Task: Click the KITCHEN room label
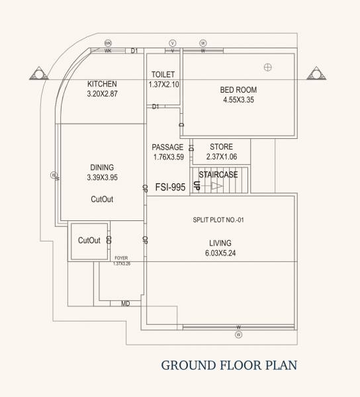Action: (x=102, y=84)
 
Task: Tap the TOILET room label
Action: (x=163, y=74)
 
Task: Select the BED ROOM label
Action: (x=238, y=90)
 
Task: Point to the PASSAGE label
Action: (x=167, y=147)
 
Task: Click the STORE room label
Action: (x=221, y=147)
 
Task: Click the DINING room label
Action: (x=102, y=167)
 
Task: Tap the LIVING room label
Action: (x=220, y=243)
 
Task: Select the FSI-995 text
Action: (x=169, y=187)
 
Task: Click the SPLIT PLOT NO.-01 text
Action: (x=219, y=220)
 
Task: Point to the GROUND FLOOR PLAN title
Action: (x=229, y=365)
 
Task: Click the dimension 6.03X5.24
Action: (x=220, y=253)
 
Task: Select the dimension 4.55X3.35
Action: (x=238, y=100)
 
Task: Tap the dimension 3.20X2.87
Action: (x=102, y=94)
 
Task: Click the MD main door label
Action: (x=125, y=304)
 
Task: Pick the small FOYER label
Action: (x=121, y=259)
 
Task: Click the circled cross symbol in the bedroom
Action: (x=268, y=66)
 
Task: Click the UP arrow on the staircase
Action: (x=214, y=187)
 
